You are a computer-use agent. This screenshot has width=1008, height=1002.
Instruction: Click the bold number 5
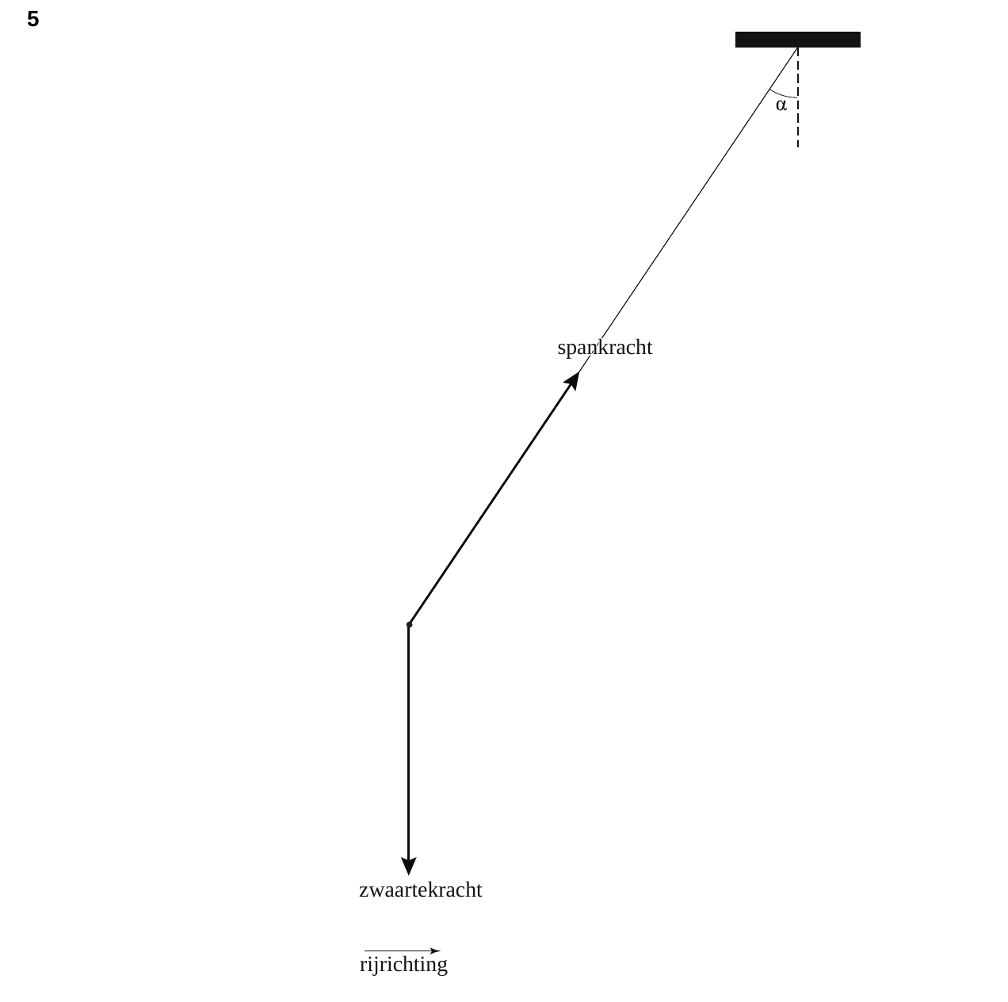coord(33,19)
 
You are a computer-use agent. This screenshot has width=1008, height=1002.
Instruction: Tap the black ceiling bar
coord(797,40)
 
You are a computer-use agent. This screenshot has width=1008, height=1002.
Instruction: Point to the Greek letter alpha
coord(781,105)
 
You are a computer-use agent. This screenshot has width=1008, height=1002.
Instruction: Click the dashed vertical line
coord(798,97)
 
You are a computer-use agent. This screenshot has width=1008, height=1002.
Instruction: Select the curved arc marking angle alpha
coord(782,95)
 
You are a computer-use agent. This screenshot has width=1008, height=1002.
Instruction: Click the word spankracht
coord(605,348)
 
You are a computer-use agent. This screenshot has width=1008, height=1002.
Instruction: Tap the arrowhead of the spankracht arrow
coord(572,381)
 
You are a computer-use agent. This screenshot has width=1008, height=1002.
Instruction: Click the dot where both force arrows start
coord(409,624)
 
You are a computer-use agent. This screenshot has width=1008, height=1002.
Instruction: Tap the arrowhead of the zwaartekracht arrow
coord(409,867)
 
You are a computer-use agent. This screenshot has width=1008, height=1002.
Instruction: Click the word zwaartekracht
coord(421,890)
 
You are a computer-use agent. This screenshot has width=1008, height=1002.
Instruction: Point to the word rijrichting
coord(403,964)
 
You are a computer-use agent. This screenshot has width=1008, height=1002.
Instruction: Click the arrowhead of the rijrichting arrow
coord(435,951)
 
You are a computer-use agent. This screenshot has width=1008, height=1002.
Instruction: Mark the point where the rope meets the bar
coord(798,48)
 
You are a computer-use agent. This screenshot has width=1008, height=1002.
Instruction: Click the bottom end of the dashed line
coord(798,147)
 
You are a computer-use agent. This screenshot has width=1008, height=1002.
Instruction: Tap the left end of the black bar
coord(736,40)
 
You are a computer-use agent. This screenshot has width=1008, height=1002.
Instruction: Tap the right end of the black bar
coord(860,40)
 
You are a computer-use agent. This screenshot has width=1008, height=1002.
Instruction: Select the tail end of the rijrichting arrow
coord(365,951)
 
